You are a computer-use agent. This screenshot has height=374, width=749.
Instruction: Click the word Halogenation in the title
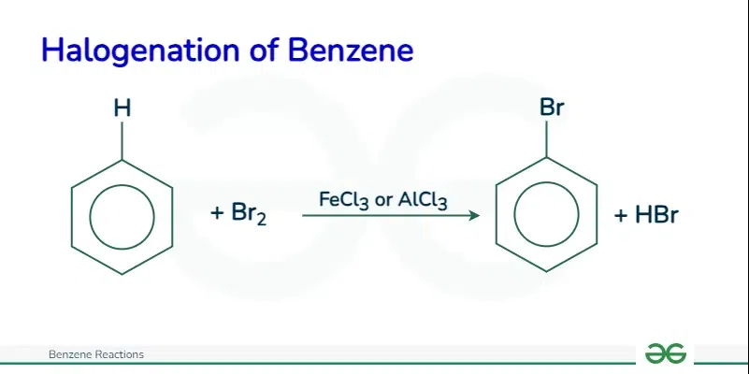tap(139, 50)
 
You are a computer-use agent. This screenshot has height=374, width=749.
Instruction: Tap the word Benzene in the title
tap(351, 50)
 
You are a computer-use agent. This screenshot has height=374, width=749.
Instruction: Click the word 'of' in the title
tap(263, 50)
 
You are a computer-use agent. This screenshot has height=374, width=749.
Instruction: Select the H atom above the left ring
tap(122, 108)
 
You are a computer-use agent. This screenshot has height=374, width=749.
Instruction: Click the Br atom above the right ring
tap(552, 108)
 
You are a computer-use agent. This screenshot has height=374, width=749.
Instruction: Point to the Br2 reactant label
tap(249, 213)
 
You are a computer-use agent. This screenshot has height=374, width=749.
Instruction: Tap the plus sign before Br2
tap(217, 213)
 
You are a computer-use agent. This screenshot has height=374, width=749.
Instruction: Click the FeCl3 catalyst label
tap(344, 200)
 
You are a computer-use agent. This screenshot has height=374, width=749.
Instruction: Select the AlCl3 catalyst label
tap(423, 200)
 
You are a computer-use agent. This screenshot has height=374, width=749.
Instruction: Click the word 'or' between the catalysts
tap(383, 201)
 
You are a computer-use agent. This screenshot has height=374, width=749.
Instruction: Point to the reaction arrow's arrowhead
tap(474, 215)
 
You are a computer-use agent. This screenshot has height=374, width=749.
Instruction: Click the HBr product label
tap(656, 215)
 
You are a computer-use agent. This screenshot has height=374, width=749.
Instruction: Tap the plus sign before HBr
tap(621, 215)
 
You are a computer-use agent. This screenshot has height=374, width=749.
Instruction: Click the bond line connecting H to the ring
tap(122, 141)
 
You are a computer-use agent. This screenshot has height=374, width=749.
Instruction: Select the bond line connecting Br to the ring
tap(546, 138)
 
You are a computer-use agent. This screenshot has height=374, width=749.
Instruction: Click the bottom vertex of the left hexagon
tap(122, 274)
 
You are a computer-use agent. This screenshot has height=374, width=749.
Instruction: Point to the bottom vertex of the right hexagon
tap(546, 271)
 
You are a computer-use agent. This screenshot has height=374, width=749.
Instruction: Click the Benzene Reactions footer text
tap(96, 354)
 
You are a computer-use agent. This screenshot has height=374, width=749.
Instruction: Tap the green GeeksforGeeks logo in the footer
tap(666, 353)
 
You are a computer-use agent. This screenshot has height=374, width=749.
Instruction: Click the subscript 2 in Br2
tap(261, 219)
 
